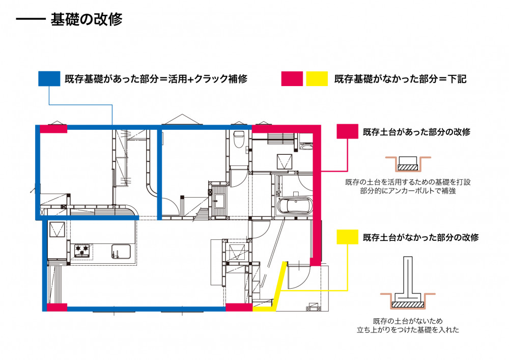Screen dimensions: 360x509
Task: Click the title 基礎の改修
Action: [86, 20]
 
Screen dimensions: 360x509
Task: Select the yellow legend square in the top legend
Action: [317, 79]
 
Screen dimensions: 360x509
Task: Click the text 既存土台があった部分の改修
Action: [416, 132]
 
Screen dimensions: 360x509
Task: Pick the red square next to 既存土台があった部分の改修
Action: [348, 132]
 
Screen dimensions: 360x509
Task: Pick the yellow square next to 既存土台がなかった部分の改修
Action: [348, 237]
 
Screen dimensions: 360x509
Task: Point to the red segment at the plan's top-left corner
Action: [53, 129]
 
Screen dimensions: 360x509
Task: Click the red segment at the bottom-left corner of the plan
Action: [56, 307]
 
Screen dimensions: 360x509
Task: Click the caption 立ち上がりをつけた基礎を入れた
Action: [408, 330]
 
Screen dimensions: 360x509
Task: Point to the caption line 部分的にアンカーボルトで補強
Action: [407, 191]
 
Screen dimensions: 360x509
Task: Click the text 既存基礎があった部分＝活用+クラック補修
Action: [156, 79]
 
